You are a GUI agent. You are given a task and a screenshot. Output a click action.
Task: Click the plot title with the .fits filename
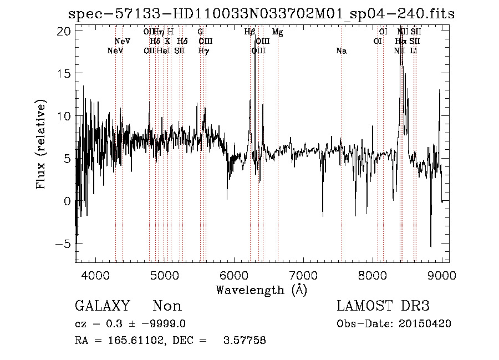click(x=261, y=14)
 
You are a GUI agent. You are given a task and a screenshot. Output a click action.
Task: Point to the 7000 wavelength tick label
click(x=303, y=275)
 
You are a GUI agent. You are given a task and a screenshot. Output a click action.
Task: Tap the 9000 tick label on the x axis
click(x=442, y=275)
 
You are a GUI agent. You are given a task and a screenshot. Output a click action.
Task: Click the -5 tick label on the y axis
click(x=64, y=244)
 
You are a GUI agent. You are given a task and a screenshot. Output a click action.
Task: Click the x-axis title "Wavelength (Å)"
click(x=261, y=290)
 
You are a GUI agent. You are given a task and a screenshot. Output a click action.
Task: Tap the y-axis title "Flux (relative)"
click(x=41, y=144)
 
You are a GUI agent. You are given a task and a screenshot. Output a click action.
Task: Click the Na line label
click(x=342, y=51)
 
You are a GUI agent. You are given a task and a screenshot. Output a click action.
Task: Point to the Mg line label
click(x=278, y=32)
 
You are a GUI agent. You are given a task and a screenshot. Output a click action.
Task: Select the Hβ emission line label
click(x=249, y=32)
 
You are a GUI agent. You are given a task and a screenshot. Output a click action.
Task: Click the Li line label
click(x=414, y=51)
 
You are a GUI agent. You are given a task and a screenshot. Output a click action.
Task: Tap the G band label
click(x=200, y=32)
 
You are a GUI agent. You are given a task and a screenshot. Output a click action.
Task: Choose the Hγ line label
click(x=203, y=51)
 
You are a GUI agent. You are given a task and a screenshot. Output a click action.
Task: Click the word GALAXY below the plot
click(x=102, y=306)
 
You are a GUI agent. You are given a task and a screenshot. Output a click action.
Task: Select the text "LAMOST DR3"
click(x=383, y=306)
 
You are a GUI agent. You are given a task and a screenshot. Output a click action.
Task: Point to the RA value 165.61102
click(x=130, y=341)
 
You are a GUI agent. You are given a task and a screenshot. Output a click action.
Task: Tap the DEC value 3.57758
click(x=245, y=341)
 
